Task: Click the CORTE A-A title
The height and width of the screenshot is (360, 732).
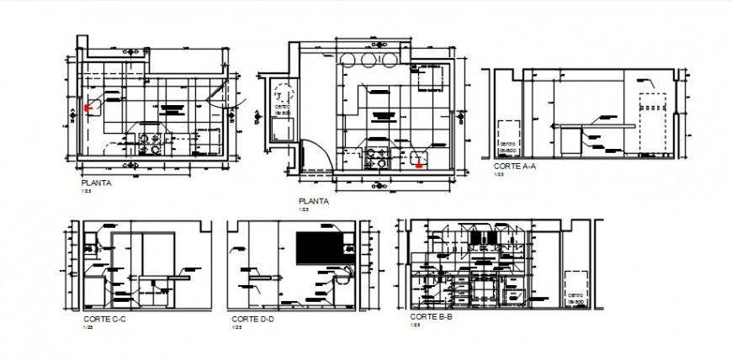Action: click(514, 167)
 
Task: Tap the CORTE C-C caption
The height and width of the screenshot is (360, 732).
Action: click(103, 320)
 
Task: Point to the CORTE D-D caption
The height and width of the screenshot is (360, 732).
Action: click(252, 320)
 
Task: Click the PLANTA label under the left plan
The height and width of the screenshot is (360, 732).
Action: click(96, 183)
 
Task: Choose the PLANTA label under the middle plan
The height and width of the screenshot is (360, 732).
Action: click(313, 201)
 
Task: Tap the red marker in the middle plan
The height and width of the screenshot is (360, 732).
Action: click(418, 164)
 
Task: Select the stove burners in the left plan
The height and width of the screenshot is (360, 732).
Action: click(149, 144)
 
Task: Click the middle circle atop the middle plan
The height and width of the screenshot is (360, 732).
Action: click(369, 59)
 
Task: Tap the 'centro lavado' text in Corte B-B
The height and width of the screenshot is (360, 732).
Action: click(575, 299)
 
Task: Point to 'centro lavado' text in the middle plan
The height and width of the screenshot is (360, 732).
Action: click(281, 108)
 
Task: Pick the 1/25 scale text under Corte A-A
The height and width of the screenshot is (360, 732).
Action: click(497, 175)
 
